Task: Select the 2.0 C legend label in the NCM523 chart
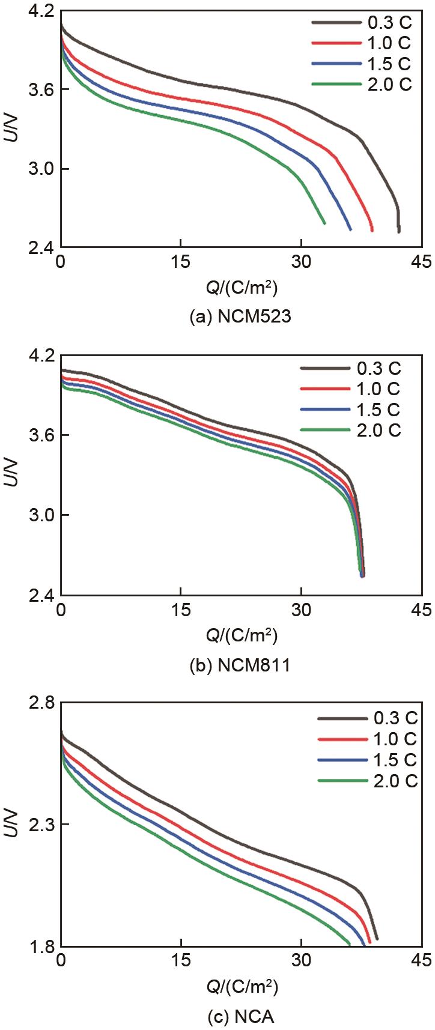[x=389, y=84]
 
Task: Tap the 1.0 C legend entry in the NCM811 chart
[x=378, y=389]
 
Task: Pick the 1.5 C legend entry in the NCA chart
[x=394, y=759]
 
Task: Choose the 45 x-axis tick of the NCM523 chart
[x=422, y=262]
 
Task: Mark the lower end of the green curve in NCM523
[x=324, y=223]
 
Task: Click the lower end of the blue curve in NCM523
[x=350, y=229]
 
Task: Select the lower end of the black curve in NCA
[x=377, y=938]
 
